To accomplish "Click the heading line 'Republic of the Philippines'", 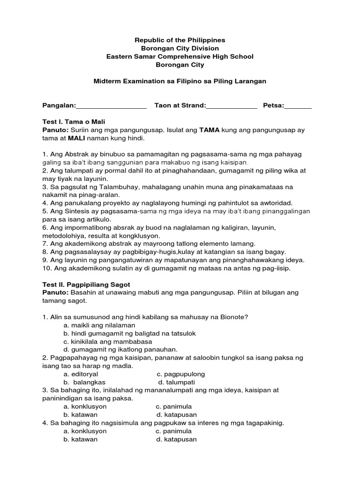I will (180, 40).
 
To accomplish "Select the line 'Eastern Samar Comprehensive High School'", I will (180, 57).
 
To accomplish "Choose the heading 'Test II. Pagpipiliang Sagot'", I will (86, 285).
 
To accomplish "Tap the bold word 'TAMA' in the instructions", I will (210, 130).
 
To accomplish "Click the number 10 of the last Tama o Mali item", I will (46, 269).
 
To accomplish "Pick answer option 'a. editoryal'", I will (80, 375).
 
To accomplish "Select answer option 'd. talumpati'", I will (176, 382).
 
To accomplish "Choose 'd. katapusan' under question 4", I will (176, 440).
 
